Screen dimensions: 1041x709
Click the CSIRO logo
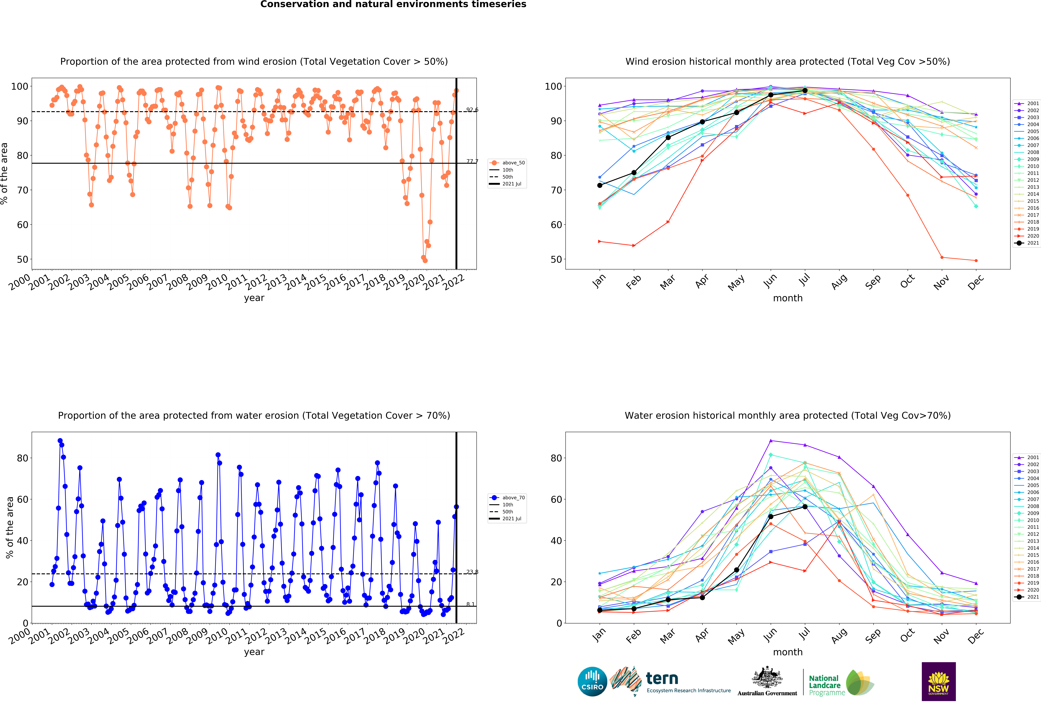(592, 682)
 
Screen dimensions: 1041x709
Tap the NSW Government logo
(938, 681)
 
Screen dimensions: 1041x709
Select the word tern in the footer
(662, 679)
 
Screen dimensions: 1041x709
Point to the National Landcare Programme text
(827, 685)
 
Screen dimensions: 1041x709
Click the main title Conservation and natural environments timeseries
(393, 4)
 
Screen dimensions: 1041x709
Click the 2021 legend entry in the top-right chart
(1026, 243)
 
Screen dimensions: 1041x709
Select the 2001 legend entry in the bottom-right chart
(1026, 457)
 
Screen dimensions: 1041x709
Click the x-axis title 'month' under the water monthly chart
(787, 652)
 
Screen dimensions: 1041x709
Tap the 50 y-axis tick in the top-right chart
(555, 260)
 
